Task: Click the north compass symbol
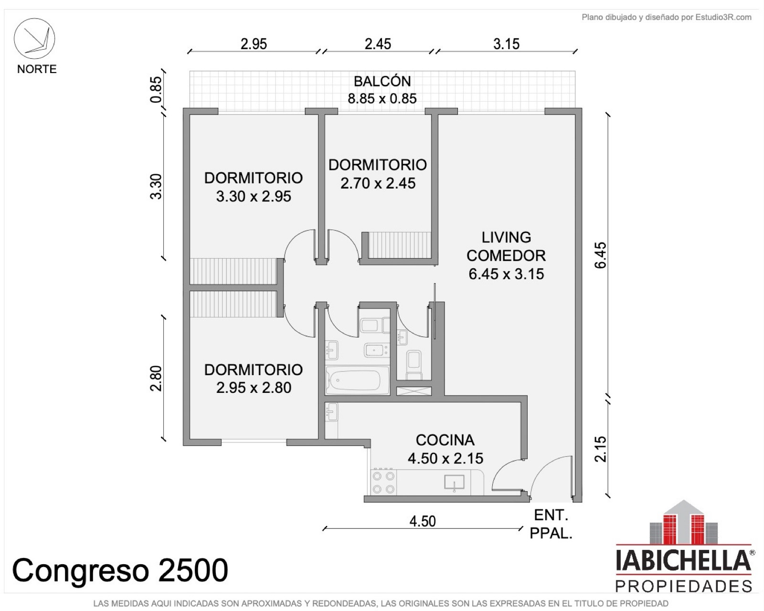point(34,39)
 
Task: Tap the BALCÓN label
point(382,81)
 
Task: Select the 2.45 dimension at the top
point(378,44)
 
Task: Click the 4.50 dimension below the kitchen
point(423,521)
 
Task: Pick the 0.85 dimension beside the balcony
point(156,90)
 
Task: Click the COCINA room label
point(445,440)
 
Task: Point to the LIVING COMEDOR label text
point(506,246)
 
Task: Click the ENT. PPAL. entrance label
point(551,524)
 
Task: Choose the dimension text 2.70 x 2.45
point(378,184)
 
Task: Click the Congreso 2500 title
point(120,570)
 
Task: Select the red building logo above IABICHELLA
point(683,522)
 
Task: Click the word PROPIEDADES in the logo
point(683,586)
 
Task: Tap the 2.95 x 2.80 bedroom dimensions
point(254,388)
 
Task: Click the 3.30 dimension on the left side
point(156,186)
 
